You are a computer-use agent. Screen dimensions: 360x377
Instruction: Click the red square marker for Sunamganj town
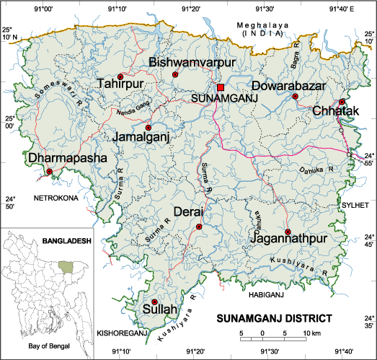tap(221, 87)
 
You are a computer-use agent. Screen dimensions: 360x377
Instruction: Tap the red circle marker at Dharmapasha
tap(50, 171)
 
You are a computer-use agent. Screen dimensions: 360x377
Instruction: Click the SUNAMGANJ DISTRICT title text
tap(275, 317)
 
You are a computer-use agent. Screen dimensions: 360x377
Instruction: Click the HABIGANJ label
tap(265, 295)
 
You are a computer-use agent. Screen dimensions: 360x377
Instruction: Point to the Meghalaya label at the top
tap(263, 25)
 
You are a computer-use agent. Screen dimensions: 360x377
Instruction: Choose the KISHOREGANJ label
tap(122, 333)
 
